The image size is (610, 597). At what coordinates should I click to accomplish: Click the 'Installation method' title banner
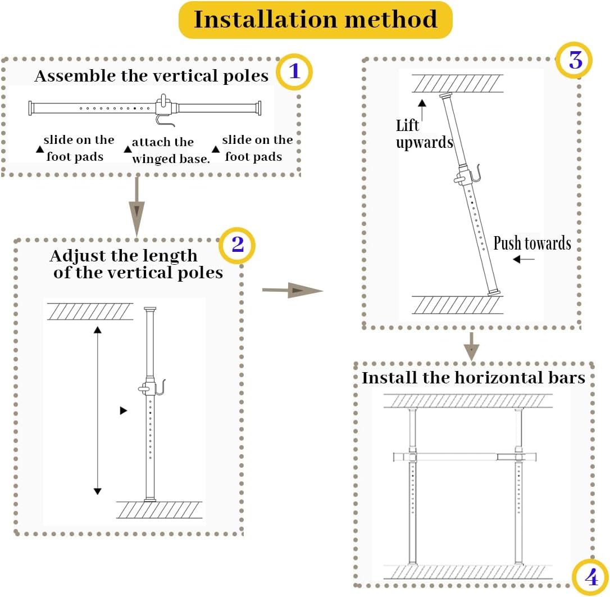tap(315, 20)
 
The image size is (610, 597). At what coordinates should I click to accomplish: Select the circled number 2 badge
tap(238, 245)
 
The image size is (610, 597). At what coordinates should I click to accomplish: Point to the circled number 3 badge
tap(574, 60)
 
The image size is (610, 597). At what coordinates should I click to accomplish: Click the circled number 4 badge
tap(590, 577)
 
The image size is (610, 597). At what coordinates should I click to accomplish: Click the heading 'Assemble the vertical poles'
tap(152, 76)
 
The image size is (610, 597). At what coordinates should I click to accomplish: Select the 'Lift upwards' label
tap(423, 134)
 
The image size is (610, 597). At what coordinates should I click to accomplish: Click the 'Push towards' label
tap(532, 243)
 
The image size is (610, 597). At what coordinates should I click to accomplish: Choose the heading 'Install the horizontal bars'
tap(473, 377)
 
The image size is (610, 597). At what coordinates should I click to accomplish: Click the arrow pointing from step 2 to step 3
tap(292, 290)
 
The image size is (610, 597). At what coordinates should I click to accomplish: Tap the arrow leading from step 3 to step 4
tap(472, 346)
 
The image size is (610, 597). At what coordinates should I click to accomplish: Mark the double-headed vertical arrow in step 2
tap(97, 410)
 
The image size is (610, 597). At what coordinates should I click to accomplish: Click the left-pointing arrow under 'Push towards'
tap(524, 259)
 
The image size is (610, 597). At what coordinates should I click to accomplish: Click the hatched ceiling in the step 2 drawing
tap(90, 311)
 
